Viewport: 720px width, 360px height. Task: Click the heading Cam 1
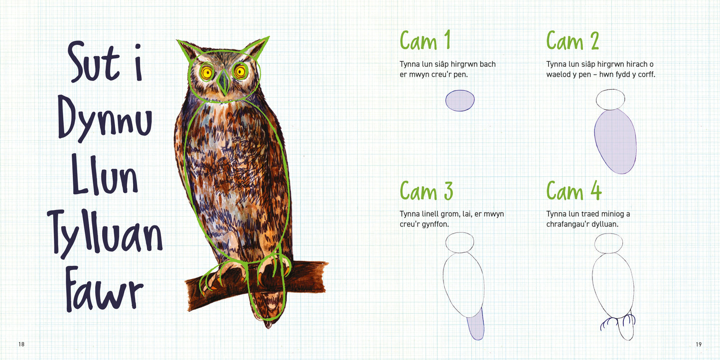[x=425, y=40]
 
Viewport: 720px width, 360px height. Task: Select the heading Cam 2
[x=573, y=40]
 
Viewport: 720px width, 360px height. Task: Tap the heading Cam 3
[x=426, y=190]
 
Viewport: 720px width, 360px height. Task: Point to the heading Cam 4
[x=574, y=190]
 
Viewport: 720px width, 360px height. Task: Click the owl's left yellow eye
[x=207, y=73]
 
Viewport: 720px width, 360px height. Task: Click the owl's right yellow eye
[x=240, y=71]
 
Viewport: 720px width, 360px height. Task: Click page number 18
[x=21, y=344]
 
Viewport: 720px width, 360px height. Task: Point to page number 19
[x=699, y=344]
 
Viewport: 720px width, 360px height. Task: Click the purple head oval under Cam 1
[x=460, y=101]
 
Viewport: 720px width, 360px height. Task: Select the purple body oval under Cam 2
[x=615, y=141]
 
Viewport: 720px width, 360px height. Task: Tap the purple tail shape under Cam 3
[x=476, y=324]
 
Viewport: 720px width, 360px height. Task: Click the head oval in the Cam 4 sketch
[x=609, y=243]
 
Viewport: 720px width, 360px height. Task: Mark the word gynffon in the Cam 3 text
[x=435, y=224]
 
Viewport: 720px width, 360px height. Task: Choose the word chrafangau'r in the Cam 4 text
[x=568, y=224]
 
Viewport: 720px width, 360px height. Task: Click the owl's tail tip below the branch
[x=268, y=325]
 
